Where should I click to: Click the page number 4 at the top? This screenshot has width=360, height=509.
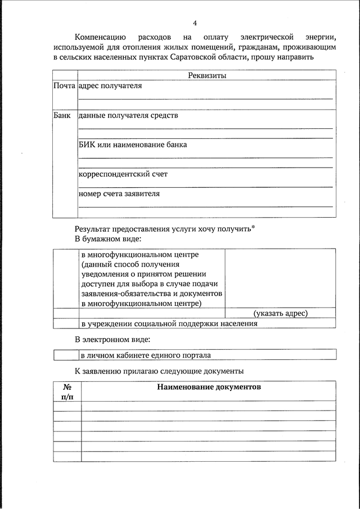coord(195,23)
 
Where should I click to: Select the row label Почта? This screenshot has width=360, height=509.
coord(64,86)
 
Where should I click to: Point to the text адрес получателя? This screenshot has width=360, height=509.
coord(110,86)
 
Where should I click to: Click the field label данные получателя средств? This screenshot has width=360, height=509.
coord(128,115)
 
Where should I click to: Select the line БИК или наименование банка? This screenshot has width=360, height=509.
coord(133,145)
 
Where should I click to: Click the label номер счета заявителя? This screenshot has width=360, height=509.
coord(119,193)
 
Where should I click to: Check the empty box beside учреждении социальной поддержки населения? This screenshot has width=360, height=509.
coord(66,323)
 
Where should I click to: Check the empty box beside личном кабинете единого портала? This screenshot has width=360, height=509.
coord(66,355)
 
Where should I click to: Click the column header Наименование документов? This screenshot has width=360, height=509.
coord(209,388)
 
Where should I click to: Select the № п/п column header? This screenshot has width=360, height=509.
coord(67,392)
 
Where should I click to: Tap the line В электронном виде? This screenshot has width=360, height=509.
coord(112,339)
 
